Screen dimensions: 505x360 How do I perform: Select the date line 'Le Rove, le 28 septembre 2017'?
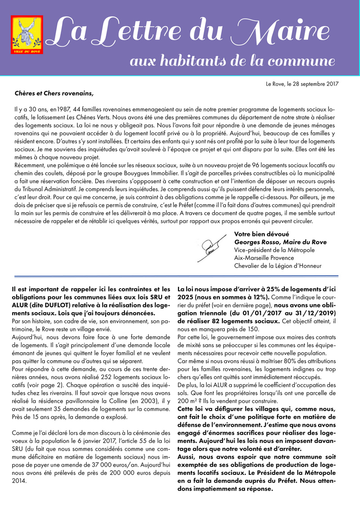pos(302,84)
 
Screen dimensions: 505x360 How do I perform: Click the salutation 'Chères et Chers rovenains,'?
pos(54,94)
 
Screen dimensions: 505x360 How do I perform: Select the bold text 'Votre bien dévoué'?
pos(262,234)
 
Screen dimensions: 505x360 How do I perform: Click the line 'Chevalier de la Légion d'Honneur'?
pos(278,265)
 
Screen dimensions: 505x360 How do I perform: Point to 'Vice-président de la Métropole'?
pos(274,250)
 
